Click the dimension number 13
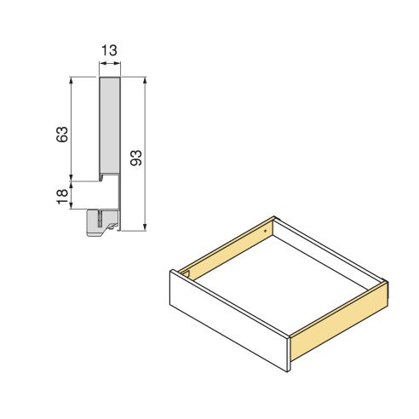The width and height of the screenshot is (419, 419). (x=109, y=51)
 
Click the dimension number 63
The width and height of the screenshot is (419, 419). (x=62, y=134)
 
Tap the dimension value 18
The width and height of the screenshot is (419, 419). (x=62, y=196)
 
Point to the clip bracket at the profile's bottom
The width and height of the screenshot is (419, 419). (x=101, y=220)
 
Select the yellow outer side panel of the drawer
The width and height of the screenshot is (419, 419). (x=341, y=324)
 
